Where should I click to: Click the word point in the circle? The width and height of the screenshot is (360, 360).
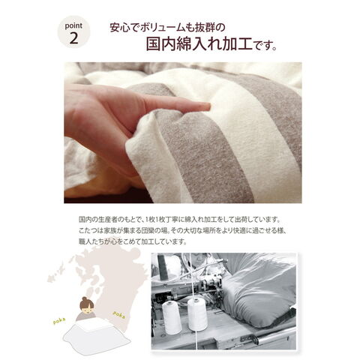[x=73, y=26]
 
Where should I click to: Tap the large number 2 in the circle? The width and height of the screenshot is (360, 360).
[x=73, y=38]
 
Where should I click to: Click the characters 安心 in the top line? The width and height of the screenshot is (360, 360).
[x=120, y=28]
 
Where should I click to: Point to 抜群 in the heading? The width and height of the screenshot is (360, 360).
[x=204, y=28]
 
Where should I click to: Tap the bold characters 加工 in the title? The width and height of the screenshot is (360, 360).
[x=237, y=44]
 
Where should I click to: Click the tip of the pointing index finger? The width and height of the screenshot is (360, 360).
[x=209, y=106]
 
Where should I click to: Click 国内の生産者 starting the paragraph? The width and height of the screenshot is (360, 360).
[x=97, y=220]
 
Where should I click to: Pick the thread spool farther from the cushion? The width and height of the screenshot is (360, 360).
[x=172, y=317]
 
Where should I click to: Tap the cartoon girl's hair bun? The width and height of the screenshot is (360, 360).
[x=85, y=299]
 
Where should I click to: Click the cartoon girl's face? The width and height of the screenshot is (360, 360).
[x=87, y=310]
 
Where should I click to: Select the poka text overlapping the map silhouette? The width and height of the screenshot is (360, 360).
[x=119, y=314]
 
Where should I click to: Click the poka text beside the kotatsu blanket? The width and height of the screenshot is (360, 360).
[x=59, y=321]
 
